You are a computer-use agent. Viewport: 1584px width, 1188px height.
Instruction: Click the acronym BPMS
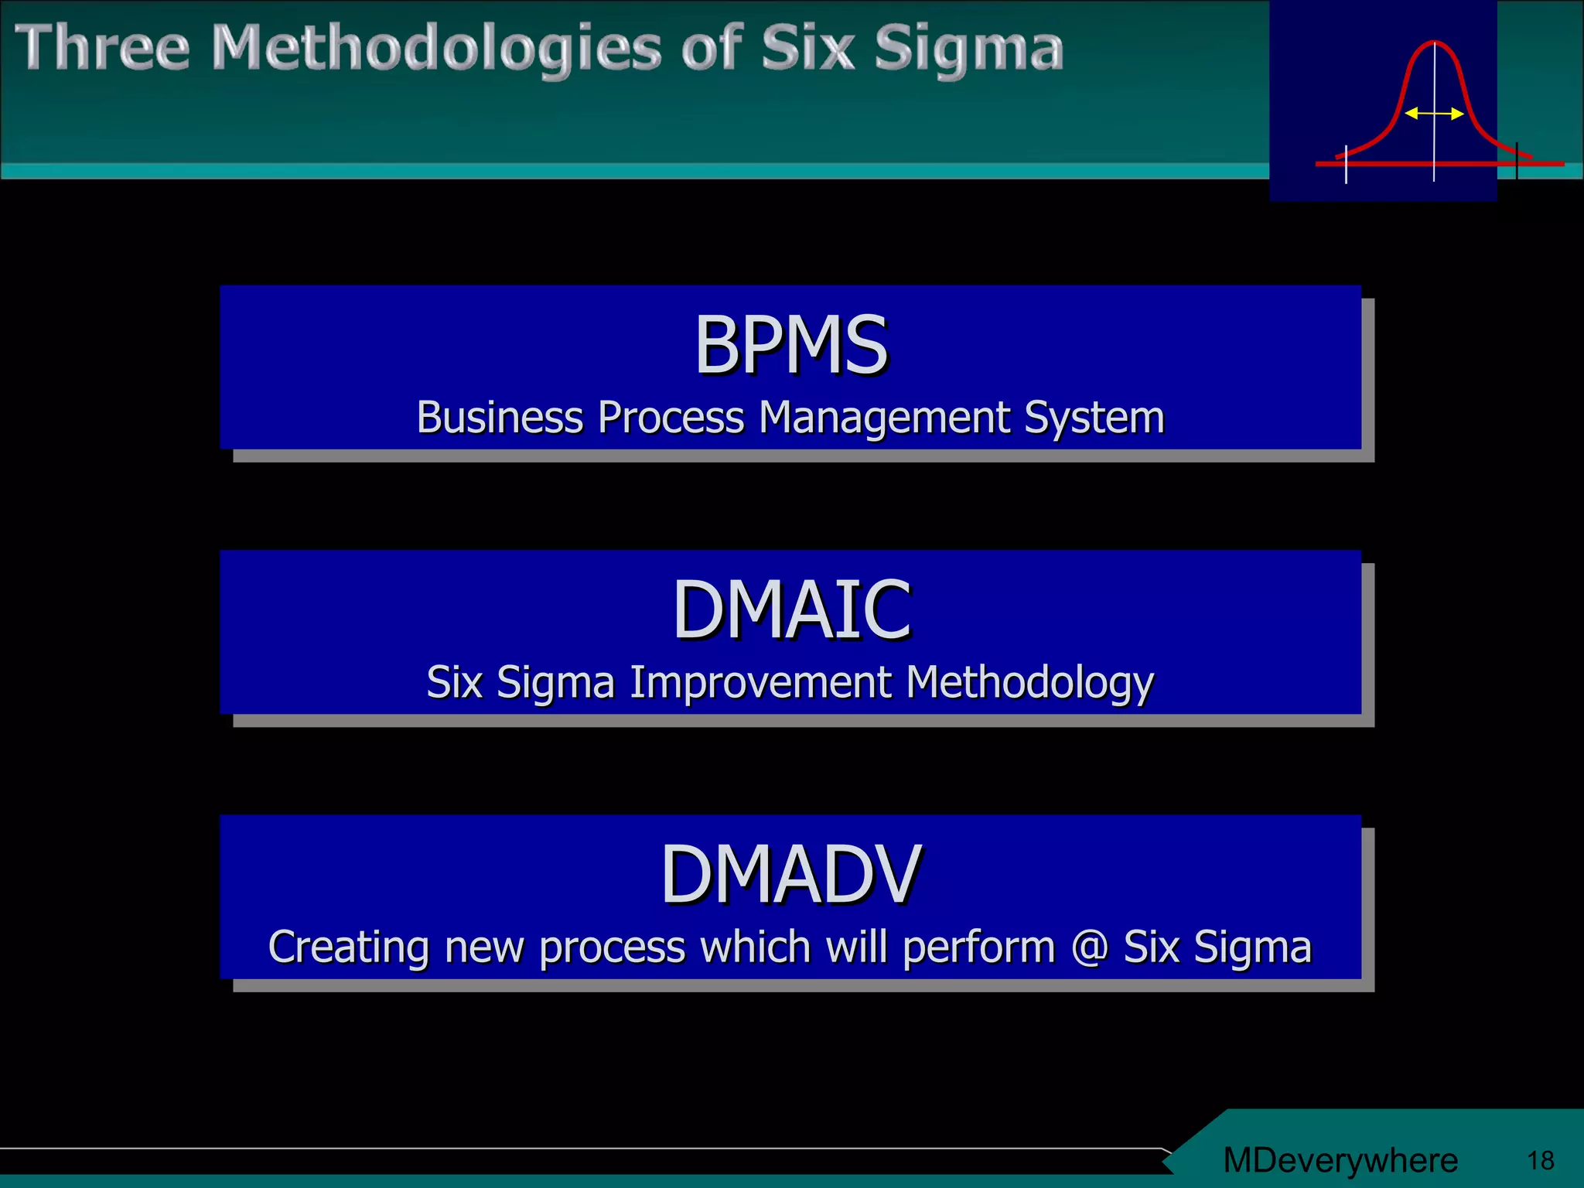790,345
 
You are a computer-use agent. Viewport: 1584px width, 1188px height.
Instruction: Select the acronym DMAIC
790,610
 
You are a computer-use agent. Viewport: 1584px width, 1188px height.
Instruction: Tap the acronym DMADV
790,875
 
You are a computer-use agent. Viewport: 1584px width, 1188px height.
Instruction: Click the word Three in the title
102,48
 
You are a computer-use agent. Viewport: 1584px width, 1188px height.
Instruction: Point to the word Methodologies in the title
437,49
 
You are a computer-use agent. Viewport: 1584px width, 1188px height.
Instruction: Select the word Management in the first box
885,418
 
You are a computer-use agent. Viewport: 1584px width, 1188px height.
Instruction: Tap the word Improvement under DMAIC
760,682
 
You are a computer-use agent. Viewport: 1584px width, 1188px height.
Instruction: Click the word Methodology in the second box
1029,684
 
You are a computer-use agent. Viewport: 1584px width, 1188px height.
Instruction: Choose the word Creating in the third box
348,947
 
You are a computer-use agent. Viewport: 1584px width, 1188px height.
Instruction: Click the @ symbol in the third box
1089,947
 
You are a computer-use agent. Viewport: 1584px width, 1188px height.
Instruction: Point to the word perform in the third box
978,948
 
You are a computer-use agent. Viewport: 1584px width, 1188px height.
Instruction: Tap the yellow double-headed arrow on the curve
1434,114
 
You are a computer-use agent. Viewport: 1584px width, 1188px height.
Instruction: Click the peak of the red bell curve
1434,43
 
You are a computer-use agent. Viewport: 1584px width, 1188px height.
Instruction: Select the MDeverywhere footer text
1340,1160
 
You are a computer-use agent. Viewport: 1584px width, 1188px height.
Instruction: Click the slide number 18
1540,1160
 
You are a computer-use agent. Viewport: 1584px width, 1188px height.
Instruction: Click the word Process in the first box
671,418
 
